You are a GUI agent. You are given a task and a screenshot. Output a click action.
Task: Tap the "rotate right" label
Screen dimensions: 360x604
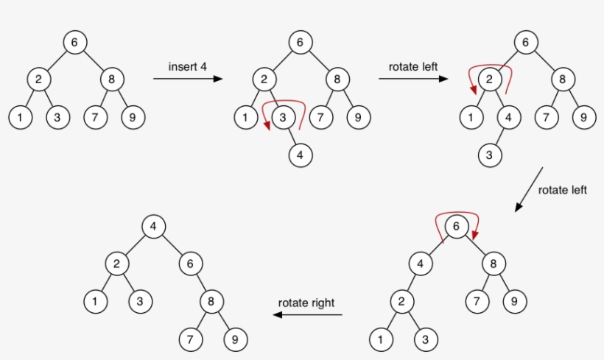[x=306, y=303]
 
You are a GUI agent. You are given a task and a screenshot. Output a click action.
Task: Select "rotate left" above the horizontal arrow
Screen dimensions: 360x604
[x=413, y=66]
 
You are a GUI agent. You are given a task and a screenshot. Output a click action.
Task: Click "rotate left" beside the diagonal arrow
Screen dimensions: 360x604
[x=562, y=190]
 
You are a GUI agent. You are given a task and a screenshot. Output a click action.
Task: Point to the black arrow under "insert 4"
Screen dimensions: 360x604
[x=188, y=78]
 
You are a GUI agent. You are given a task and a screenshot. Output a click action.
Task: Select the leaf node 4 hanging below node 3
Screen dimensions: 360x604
[x=299, y=155]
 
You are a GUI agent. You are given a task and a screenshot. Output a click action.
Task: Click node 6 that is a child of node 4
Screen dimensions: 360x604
[x=190, y=264]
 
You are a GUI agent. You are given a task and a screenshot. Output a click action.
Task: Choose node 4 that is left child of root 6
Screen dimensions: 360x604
[x=420, y=264]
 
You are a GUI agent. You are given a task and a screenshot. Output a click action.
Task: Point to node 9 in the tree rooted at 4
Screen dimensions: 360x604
[x=236, y=339]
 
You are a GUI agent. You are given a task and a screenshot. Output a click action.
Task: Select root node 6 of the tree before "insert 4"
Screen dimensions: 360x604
[x=74, y=42]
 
